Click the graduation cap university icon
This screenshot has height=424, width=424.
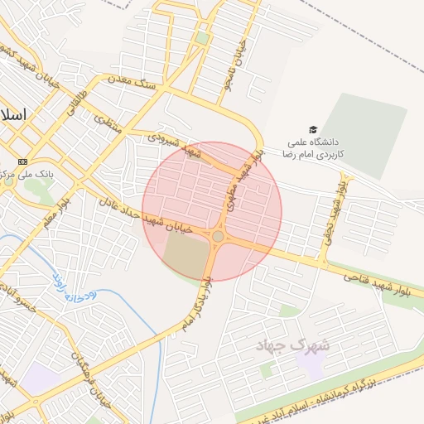point(313,129)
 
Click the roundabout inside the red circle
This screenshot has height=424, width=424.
point(218,236)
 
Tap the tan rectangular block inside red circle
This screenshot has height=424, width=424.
point(187,256)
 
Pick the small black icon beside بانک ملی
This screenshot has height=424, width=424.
point(22,161)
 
